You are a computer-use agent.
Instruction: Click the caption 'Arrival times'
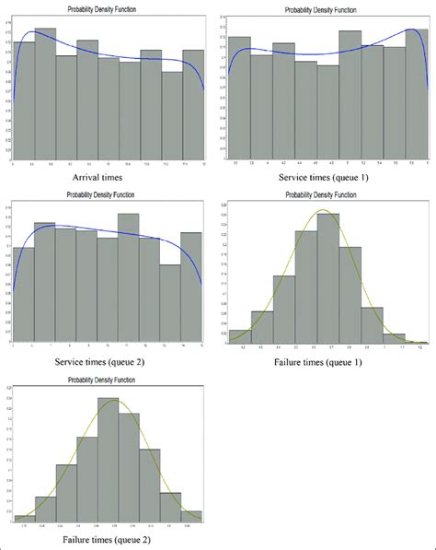[x=104, y=174]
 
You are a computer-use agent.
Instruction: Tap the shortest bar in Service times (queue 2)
[x=170, y=304]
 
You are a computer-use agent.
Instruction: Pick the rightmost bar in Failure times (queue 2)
[x=190, y=517]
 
